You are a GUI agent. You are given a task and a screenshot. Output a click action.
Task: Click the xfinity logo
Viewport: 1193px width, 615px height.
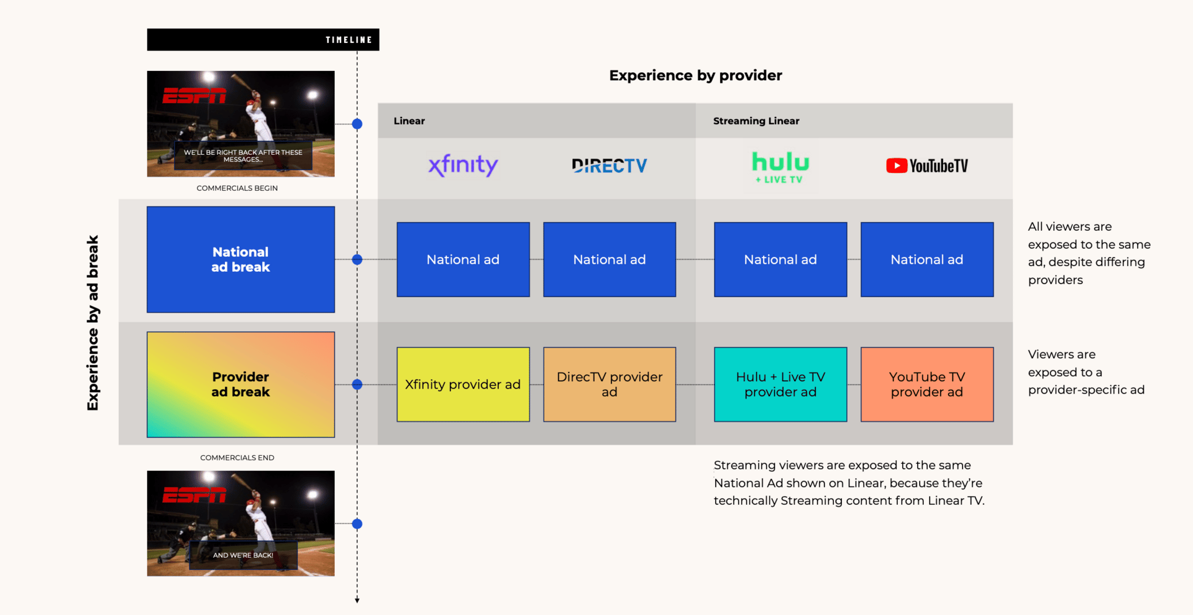(463, 165)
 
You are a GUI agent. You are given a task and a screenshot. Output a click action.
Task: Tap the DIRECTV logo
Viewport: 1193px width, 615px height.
(610, 165)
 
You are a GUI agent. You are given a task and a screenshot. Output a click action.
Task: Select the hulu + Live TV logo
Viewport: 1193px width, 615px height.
(780, 167)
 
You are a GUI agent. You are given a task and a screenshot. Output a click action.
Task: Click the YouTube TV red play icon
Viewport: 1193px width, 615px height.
(896, 165)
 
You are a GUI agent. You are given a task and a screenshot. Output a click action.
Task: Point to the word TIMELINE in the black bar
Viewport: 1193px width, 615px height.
(349, 40)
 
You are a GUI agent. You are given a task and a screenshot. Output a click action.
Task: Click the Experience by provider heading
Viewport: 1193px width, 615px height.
(695, 75)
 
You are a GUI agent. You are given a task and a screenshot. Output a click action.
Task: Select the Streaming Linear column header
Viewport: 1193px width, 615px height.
(756, 121)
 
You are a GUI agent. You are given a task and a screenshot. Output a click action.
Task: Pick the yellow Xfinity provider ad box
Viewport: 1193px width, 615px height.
(463, 384)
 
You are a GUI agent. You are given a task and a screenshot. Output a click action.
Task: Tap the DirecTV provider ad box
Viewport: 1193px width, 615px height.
(610, 384)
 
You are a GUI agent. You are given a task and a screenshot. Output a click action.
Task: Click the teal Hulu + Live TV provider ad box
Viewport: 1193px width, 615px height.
(780, 384)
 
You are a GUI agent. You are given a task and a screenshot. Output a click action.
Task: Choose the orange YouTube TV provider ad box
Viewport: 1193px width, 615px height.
(927, 384)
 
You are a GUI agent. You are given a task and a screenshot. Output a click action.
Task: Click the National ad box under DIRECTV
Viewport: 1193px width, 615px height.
(610, 259)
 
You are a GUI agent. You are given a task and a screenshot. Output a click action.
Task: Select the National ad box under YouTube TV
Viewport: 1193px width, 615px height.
(927, 259)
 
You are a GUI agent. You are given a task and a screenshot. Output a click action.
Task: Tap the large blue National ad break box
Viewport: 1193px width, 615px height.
(240, 259)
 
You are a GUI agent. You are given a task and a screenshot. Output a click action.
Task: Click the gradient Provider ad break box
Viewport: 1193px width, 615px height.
(240, 384)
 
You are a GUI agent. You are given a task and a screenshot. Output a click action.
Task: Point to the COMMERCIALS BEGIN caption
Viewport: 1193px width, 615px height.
(237, 188)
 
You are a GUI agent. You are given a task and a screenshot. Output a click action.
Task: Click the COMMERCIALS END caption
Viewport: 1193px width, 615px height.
(237, 458)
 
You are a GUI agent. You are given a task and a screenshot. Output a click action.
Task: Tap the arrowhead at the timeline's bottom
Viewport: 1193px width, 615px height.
(357, 600)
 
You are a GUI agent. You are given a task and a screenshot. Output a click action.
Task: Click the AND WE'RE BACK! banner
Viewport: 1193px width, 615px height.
(243, 555)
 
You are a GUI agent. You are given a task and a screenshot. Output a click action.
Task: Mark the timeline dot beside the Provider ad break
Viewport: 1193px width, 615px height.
(357, 384)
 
